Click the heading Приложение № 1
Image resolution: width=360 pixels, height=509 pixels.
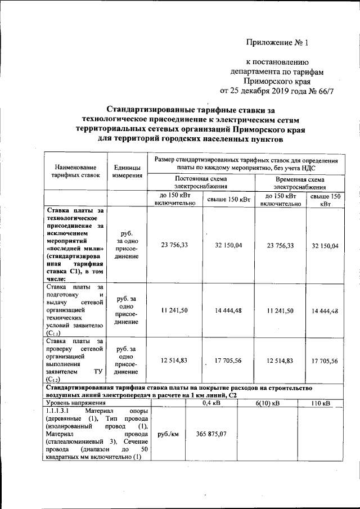[x=277, y=42]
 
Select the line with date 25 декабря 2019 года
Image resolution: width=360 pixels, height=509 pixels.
[x=276, y=91]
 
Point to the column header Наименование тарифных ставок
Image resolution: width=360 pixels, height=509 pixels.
[x=75, y=171]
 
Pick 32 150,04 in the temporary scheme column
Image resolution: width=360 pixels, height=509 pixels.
[x=325, y=246]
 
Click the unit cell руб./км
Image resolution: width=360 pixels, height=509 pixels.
[x=168, y=434]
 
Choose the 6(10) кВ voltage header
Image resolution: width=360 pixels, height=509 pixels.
[x=268, y=403]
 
